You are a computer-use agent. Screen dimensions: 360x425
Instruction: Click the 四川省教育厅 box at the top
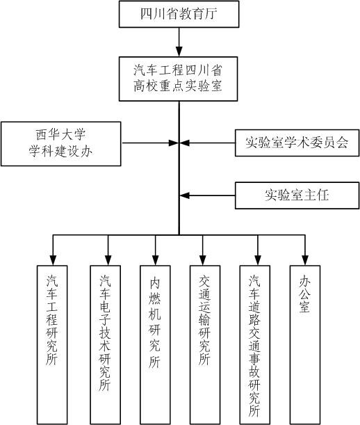[x=179, y=14]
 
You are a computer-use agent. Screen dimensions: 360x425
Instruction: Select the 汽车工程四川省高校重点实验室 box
[x=178, y=79]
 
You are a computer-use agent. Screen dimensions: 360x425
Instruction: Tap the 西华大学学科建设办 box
[x=61, y=144]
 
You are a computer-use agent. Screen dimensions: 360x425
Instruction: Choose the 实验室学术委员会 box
[x=297, y=143]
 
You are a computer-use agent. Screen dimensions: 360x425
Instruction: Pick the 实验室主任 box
[x=297, y=195]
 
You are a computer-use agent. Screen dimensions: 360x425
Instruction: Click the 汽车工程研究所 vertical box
[x=52, y=345]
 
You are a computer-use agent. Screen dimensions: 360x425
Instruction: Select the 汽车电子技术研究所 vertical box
[x=105, y=345]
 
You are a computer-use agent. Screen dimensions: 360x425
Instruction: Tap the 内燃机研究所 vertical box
[x=155, y=345]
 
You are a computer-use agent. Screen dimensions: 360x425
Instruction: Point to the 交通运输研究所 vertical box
[x=205, y=345]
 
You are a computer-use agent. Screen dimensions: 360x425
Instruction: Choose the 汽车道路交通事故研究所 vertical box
[x=254, y=345]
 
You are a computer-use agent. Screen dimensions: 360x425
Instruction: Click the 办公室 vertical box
[x=305, y=345]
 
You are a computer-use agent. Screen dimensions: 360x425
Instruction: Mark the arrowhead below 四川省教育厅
[x=179, y=51]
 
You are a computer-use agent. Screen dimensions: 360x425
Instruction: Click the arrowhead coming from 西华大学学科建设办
[x=173, y=143]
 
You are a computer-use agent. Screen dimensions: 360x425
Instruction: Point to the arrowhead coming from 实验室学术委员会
[x=184, y=143]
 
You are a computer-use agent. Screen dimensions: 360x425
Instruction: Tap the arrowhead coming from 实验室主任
[x=184, y=195]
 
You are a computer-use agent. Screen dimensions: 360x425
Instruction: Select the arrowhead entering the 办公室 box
[x=305, y=260]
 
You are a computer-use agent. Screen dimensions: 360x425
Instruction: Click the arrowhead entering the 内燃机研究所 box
[x=155, y=260]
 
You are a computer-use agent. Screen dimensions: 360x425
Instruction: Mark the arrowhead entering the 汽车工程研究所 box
[x=53, y=260]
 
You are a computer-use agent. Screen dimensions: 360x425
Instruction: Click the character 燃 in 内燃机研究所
[x=155, y=297]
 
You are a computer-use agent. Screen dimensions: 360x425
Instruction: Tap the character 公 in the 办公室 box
[x=305, y=294]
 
